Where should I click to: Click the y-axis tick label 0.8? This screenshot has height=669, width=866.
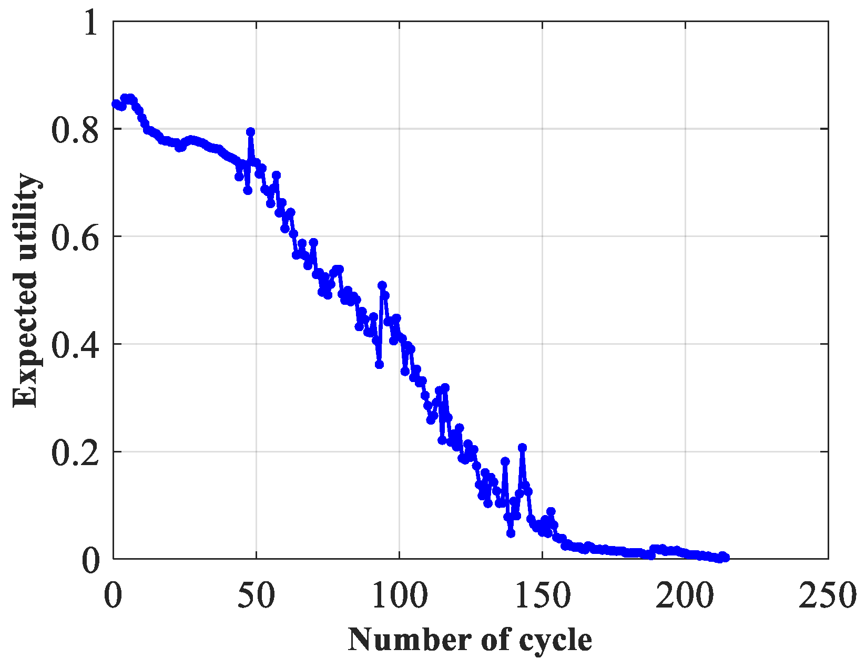(x=75, y=129)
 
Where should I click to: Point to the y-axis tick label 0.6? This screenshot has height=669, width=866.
(x=75, y=237)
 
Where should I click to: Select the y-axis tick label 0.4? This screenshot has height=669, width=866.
(x=75, y=345)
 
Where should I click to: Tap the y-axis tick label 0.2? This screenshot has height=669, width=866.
(x=75, y=452)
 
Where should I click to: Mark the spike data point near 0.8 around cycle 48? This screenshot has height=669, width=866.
(x=251, y=132)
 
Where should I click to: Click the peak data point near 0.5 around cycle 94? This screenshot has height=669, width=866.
(x=382, y=285)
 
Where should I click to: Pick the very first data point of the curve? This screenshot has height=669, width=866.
(x=116, y=104)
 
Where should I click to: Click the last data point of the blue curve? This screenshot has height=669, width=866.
(x=726, y=558)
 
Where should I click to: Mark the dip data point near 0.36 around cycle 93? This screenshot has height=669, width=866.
(x=379, y=364)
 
